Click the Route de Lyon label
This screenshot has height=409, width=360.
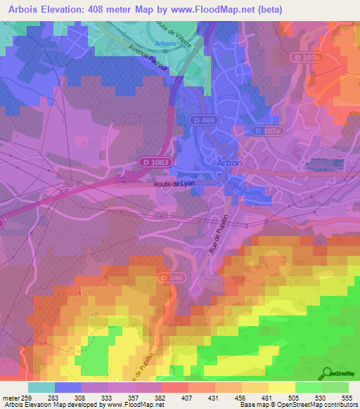pyautogui.click(x=174, y=183)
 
